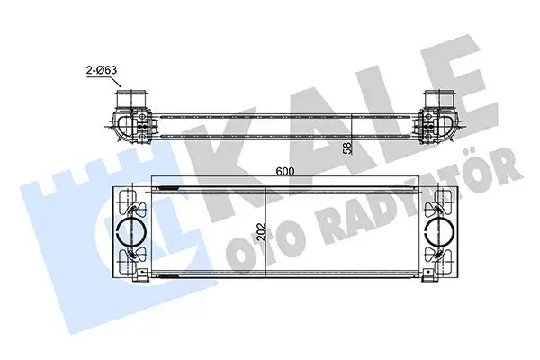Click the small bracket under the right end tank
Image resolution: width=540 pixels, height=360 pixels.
tap(420, 281)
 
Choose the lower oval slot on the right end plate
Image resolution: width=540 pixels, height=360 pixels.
tap(443, 256)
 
